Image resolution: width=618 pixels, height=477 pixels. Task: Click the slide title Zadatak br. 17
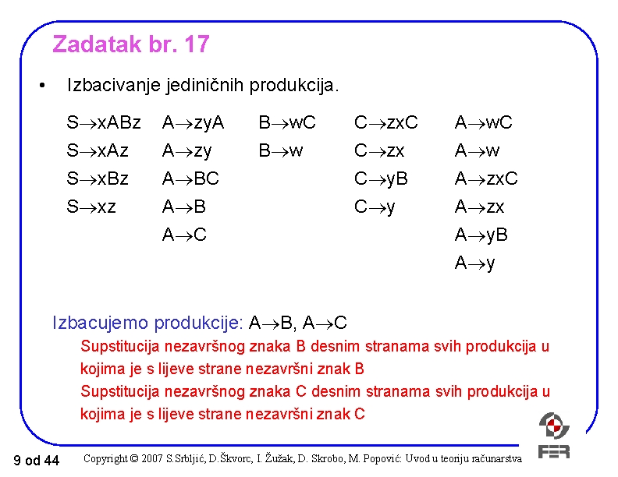pos(130,44)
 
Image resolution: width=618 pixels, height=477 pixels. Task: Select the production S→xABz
pos(104,122)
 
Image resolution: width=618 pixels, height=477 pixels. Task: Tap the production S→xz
pos(91,207)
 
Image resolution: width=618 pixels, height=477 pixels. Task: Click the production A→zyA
pos(193,122)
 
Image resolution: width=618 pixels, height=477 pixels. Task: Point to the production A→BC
pos(190,178)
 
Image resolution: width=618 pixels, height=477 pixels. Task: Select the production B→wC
pos(287,122)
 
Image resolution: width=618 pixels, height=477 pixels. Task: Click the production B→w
pos(281,150)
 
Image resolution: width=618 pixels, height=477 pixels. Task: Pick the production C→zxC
pos(386,122)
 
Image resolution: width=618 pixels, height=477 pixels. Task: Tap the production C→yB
pos(381,178)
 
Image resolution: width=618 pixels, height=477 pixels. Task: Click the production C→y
pos(375,207)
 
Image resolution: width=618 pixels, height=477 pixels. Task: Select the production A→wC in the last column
pos(484,122)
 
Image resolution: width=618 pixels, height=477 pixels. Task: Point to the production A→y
pos(474,263)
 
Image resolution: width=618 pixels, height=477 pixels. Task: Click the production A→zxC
pos(486,178)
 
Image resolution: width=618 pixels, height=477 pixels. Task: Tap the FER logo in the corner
pos(554,436)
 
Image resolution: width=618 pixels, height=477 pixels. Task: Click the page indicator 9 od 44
pos(37,461)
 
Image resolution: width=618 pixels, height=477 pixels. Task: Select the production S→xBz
pos(98,178)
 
